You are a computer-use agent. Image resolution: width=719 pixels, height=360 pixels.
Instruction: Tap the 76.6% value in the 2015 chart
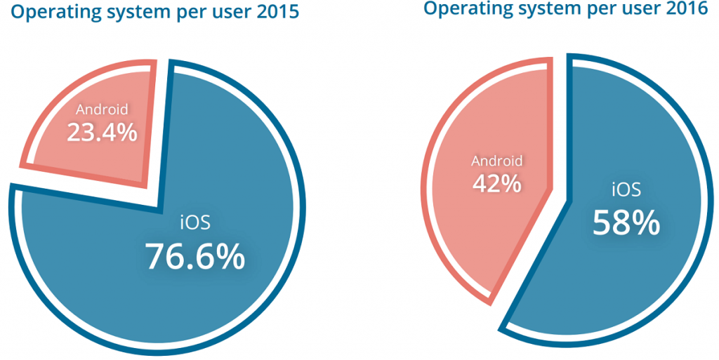[x=194, y=257]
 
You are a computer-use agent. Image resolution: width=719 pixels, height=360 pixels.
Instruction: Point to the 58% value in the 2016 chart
[x=626, y=222]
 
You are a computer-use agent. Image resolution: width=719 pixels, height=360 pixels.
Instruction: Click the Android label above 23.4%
[x=102, y=109]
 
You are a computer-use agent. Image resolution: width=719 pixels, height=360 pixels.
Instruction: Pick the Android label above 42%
[x=496, y=161]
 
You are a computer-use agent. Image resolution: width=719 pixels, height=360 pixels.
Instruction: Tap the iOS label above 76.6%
[x=195, y=224]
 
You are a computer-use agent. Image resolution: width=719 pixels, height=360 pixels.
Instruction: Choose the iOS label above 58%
[x=626, y=190]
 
